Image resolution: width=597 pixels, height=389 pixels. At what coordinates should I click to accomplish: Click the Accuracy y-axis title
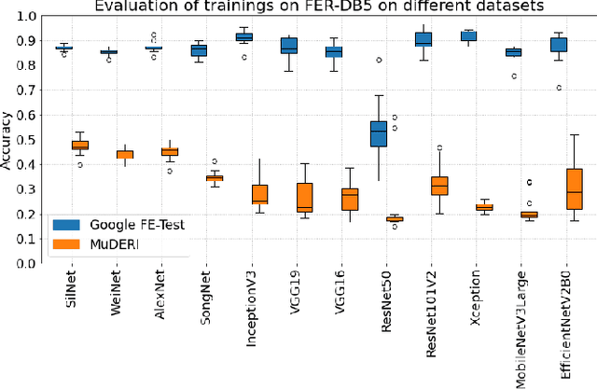click(x=8, y=140)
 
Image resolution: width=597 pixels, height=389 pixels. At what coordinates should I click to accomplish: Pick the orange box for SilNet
click(x=80, y=145)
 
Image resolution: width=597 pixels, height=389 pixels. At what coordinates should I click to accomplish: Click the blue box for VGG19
click(x=289, y=46)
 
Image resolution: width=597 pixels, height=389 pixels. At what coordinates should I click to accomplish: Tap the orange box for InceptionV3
click(x=259, y=194)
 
